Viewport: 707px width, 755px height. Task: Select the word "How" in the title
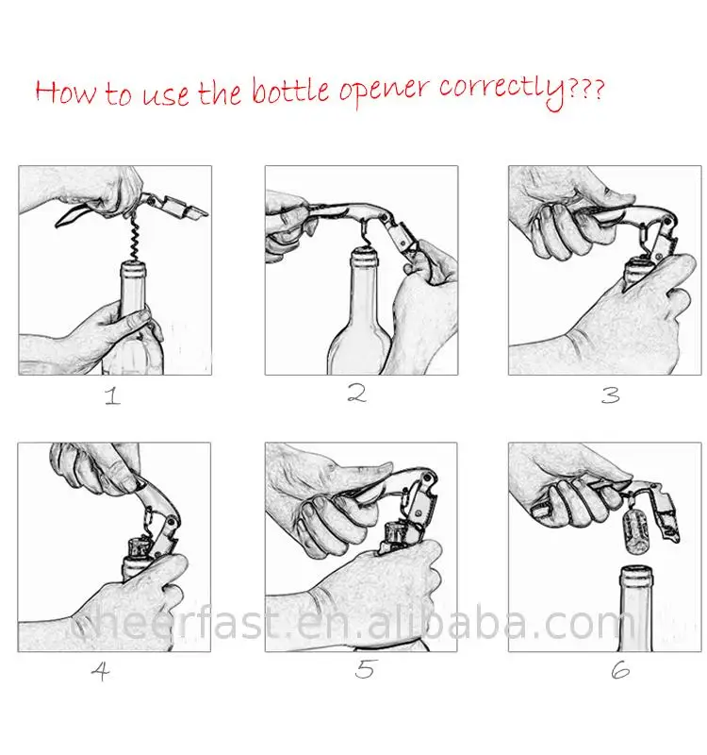tap(65, 92)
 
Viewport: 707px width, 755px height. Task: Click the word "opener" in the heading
tap(384, 92)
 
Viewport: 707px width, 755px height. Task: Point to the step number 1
tap(112, 396)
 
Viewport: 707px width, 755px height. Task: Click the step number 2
tap(357, 393)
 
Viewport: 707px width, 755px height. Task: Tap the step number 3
tap(610, 395)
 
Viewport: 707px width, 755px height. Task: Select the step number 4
tap(101, 671)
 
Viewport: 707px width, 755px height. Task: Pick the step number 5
tap(364, 669)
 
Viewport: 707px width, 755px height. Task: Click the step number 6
tap(620, 670)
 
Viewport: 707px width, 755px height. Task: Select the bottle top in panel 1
tap(133, 270)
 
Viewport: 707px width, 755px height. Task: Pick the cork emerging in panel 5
tap(397, 533)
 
